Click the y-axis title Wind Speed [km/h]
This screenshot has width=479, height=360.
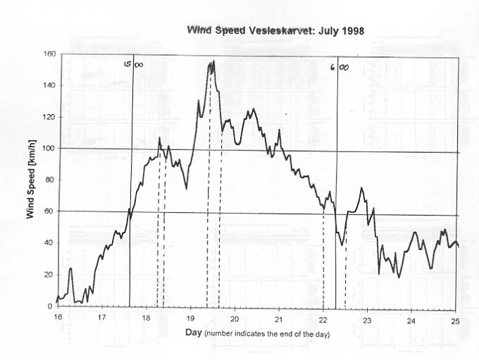tap(32, 180)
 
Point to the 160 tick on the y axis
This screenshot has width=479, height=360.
tap(49, 54)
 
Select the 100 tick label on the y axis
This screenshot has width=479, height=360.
tap(49, 148)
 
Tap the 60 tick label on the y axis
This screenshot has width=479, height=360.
tap(50, 211)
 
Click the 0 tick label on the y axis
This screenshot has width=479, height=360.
tap(52, 306)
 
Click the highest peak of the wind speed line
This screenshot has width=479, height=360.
tap(212, 62)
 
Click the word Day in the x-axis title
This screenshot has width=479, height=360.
tap(194, 332)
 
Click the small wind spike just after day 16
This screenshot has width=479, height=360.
tap(70, 268)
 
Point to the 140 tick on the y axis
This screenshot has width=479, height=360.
tap(49, 85)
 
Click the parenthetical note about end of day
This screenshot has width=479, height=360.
tap(268, 333)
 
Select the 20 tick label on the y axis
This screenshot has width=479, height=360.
tap(50, 275)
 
